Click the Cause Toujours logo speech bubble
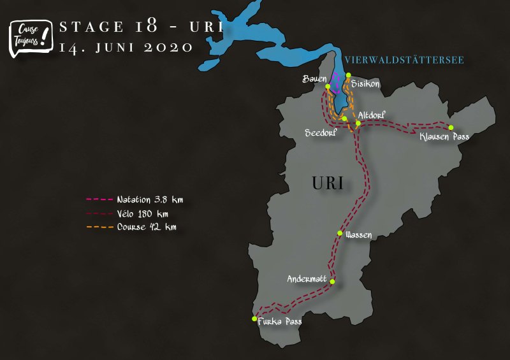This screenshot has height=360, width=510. click(29, 37)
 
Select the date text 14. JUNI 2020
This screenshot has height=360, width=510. click(125, 47)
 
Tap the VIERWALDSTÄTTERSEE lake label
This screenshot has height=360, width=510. click(404, 61)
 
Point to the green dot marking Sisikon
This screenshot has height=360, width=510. click(349, 75)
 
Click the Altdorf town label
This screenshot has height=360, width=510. click(372, 115)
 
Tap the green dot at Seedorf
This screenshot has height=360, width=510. click(344, 119)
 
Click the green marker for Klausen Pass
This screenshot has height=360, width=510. click(451, 127)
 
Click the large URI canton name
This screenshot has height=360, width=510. click(328, 184)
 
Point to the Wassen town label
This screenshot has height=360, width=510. click(358, 235)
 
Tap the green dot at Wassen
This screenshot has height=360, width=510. click(340, 233)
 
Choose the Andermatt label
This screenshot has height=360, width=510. click(307, 278)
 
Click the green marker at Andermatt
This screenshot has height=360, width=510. click(332, 281)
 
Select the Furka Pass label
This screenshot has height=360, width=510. click(279, 322)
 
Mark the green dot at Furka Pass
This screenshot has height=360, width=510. click(254, 319)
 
